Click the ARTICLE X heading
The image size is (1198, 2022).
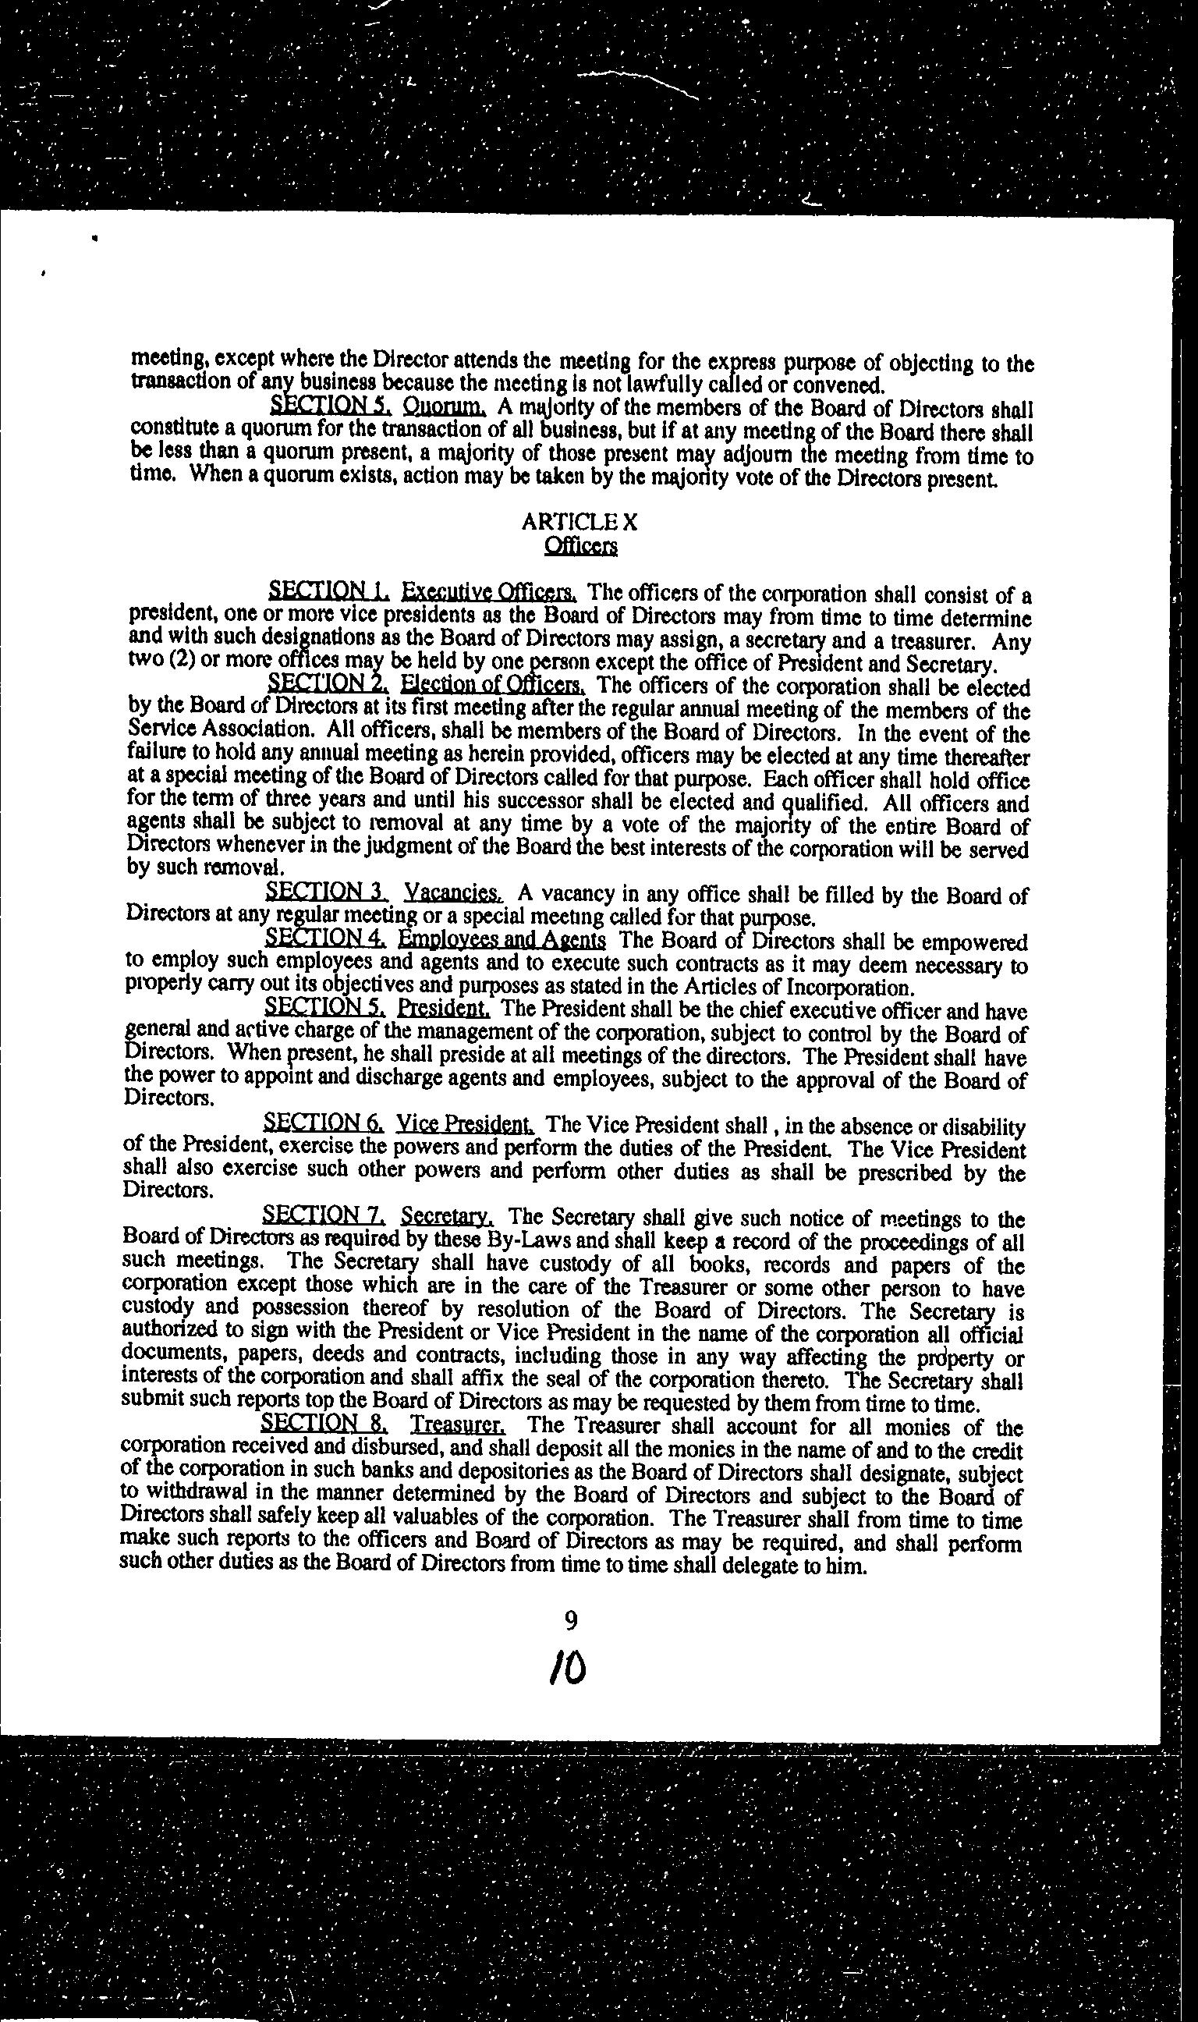tap(580, 522)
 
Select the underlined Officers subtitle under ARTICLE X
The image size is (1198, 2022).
tap(581, 547)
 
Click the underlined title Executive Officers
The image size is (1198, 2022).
tap(489, 591)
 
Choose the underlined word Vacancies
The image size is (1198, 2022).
tap(454, 892)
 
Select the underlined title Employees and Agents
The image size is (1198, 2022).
tap(502, 939)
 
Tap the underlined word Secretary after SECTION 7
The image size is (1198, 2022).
tap(447, 1215)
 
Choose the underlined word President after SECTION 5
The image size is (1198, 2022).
tap(444, 1009)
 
